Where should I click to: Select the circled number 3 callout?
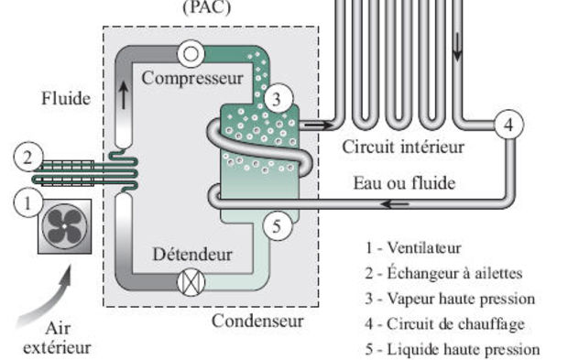pos(278,94)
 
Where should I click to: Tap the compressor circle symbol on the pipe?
pos(192,54)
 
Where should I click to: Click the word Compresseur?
pos(192,77)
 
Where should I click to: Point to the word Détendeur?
pos(192,253)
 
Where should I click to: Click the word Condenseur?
pos(257,321)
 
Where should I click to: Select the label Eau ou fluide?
pos(404,182)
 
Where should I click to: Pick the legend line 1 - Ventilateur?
pos(411,247)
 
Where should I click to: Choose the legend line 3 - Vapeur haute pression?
pos(448,299)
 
